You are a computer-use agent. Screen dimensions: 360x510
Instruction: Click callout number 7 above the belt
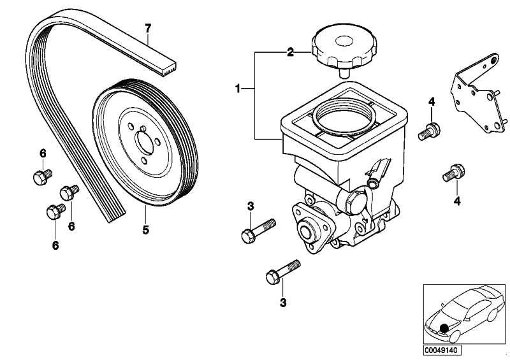coord(148,28)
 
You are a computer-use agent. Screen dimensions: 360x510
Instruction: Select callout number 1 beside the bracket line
coord(238,89)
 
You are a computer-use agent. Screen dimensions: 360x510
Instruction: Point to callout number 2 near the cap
coord(290,52)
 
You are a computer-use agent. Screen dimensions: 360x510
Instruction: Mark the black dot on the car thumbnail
coord(443,328)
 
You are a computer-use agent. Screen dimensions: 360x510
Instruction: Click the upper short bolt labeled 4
coord(430,130)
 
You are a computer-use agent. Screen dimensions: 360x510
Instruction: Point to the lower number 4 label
coord(456,201)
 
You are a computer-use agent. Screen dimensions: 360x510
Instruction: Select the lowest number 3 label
coord(282,303)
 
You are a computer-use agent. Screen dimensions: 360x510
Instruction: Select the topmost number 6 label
coord(43,153)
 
